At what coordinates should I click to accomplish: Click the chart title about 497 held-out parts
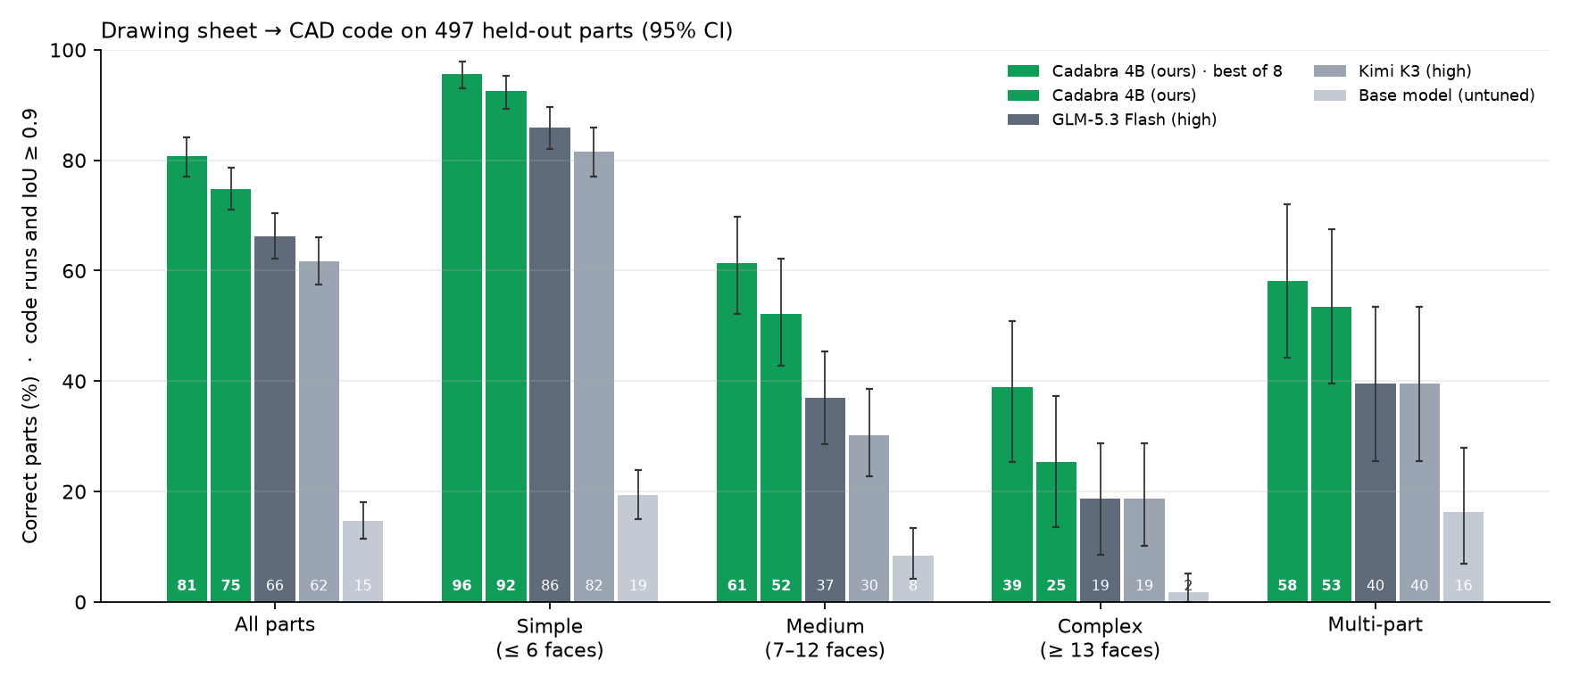click(417, 31)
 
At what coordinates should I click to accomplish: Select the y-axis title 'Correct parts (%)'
click(30, 460)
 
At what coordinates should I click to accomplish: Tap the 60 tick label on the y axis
click(75, 271)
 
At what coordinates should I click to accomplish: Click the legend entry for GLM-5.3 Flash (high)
click(1112, 120)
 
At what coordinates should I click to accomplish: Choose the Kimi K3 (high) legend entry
click(1392, 71)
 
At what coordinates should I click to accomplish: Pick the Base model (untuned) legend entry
click(1425, 95)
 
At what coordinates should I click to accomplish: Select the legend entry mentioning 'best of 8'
click(1145, 71)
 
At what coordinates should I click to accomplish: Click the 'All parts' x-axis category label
click(275, 624)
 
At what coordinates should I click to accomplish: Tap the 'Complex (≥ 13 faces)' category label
click(1101, 638)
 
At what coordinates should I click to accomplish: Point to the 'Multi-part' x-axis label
click(1376, 624)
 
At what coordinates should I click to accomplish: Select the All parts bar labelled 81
click(187, 379)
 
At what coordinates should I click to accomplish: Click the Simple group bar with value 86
click(550, 365)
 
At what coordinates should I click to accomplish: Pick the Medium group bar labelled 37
click(825, 499)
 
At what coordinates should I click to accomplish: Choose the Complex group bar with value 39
click(1012, 494)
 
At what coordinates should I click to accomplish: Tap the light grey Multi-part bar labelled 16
click(1464, 557)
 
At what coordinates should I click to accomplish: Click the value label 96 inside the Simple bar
click(461, 586)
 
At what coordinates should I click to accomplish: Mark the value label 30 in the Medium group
click(869, 586)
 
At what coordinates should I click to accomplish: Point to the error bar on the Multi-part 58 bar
click(1287, 281)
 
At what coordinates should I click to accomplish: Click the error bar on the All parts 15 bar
click(363, 520)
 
